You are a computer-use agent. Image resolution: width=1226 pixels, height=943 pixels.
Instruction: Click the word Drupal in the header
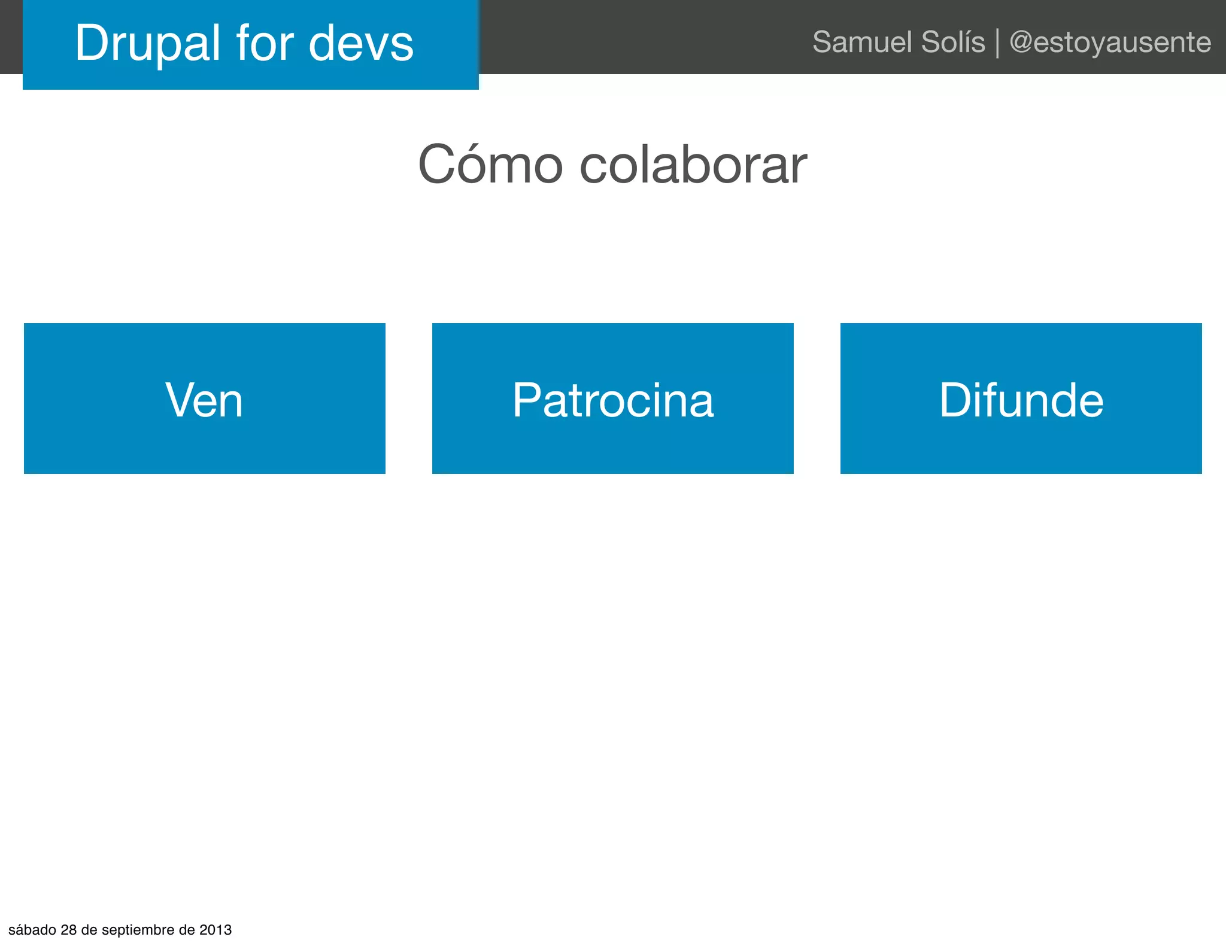pos(148,43)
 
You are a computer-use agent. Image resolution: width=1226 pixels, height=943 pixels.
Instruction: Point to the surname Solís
pos(953,42)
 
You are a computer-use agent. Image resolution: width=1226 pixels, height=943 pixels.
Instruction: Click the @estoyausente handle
pos(1110,42)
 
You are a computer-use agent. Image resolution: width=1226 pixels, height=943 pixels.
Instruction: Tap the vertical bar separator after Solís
pos(997,43)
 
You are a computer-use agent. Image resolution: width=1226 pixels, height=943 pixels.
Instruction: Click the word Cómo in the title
pos(490,165)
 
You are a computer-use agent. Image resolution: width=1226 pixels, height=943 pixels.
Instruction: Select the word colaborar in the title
pos(693,165)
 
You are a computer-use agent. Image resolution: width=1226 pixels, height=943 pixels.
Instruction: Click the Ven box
pos(205,399)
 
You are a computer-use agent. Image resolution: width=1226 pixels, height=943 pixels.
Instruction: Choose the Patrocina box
pos(613,399)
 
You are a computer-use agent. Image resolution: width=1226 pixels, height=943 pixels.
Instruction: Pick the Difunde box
pos(1021,399)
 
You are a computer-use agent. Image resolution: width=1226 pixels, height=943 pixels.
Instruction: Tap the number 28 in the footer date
pos(69,930)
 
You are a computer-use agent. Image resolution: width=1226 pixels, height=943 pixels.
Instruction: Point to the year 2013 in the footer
pos(216,930)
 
